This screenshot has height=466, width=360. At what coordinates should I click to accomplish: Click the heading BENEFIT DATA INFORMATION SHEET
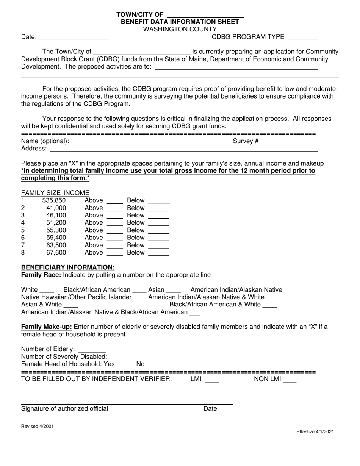pos(180,22)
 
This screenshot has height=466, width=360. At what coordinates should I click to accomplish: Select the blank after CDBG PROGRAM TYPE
pos(303,37)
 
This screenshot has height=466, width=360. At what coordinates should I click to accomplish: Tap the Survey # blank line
pos(268,142)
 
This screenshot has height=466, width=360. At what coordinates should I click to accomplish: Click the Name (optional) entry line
pos(131,142)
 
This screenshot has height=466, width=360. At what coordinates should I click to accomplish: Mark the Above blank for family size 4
pos(115,223)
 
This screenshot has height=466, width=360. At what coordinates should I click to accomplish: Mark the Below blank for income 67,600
pos(158,253)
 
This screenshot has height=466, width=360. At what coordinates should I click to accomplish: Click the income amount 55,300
pos(56,230)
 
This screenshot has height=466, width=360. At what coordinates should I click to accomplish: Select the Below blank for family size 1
pos(158,201)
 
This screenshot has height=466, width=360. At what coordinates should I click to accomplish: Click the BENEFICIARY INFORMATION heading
pos(68,267)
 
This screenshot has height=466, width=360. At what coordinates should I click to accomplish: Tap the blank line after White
pos(47,290)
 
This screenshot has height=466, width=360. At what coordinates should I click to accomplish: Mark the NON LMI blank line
pos(290,380)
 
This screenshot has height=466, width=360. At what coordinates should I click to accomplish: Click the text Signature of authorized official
pos(65,408)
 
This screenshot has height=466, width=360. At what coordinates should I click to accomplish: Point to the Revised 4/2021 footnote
pos(37,426)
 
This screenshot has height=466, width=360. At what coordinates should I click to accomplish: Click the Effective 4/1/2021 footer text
pos(315,432)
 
